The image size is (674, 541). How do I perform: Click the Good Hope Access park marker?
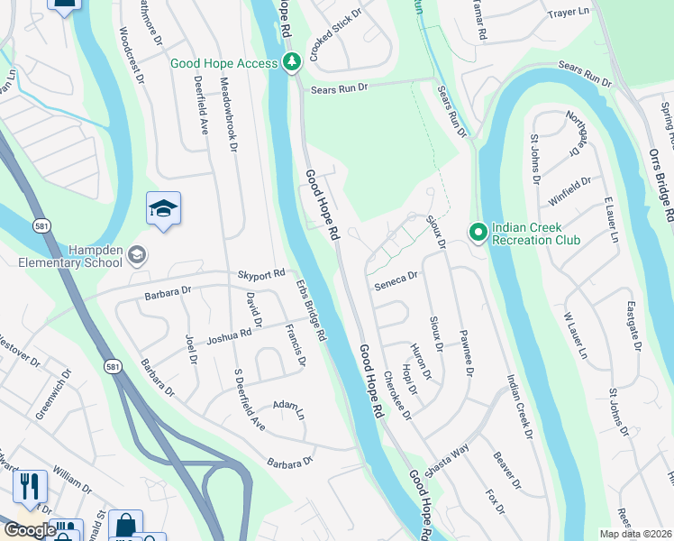tap(291, 62)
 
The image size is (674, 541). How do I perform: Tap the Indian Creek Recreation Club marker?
tap(478, 233)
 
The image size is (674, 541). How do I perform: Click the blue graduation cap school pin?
tap(163, 209)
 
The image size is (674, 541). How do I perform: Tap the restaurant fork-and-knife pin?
tap(30, 487)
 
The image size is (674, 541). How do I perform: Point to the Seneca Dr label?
tap(396, 280)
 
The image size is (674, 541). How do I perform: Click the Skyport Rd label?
tap(260, 273)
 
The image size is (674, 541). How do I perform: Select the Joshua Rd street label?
tap(229, 336)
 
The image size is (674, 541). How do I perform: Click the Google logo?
tap(29, 530)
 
